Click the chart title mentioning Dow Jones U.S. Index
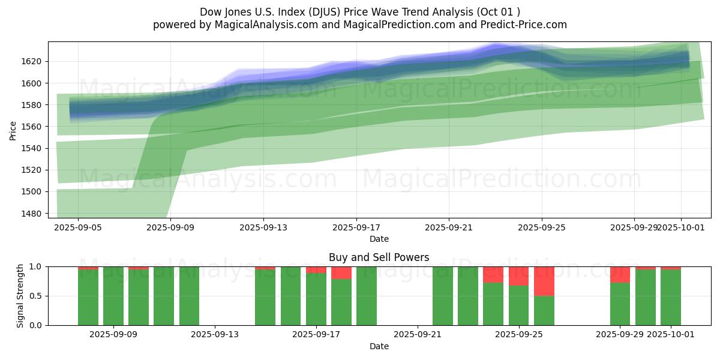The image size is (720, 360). point(359,12)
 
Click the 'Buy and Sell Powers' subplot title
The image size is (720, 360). point(379,257)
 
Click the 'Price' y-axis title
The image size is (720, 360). point(13,130)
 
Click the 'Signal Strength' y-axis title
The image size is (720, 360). point(20,296)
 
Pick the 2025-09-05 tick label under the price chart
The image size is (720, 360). point(78,227)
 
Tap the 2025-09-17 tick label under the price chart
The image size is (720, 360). point(356,227)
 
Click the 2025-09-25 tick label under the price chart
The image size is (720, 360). point(542,227)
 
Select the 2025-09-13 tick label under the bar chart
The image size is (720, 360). point(214,334)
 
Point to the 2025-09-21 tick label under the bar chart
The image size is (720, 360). point(417,334)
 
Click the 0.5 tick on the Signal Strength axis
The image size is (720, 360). point(36,296)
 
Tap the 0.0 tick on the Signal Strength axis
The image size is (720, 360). point(36,325)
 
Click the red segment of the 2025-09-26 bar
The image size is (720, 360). point(544,281)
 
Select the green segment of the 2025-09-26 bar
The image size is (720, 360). point(544,311)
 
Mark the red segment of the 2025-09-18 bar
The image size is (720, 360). point(341,273)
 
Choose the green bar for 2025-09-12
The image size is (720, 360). point(189,296)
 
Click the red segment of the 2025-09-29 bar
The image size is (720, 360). point(620,274)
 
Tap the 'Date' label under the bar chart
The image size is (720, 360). point(379,346)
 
